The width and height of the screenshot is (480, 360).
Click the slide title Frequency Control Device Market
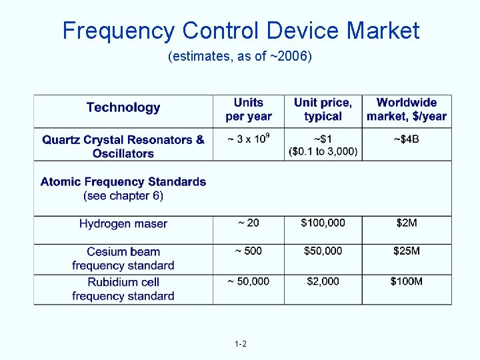click(x=241, y=31)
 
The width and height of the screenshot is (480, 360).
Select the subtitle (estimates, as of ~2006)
click(x=240, y=57)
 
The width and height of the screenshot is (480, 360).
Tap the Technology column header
click(x=123, y=107)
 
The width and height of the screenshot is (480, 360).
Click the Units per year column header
click(x=249, y=109)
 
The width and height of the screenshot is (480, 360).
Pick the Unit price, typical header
click(x=323, y=109)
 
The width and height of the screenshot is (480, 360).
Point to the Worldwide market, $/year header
click(x=406, y=109)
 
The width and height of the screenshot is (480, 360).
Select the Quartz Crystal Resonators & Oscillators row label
click(x=123, y=147)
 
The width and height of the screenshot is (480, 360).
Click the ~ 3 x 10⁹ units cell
click(x=249, y=139)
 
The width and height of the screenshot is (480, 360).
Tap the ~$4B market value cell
click(x=407, y=139)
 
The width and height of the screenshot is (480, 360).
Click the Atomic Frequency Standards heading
click(x=123, y=181)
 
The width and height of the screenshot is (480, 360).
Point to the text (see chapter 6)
click(x=123, y=195)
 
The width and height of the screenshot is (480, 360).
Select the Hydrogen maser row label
click(x=123, y=223)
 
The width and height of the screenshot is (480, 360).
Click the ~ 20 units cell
click(x=249, y=223)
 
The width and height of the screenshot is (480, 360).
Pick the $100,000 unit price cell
click(x=323, y=223)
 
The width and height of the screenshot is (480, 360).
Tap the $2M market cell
click(x=407, y=223)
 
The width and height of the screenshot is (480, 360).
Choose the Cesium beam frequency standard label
click(x=123, y=259)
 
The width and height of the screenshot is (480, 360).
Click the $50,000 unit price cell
click(x=323, y=251)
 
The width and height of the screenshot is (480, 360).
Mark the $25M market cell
click(x=407, y=251)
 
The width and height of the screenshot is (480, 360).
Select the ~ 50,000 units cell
click(x=249, y=281)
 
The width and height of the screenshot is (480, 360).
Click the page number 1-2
click(x=241, y=344)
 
